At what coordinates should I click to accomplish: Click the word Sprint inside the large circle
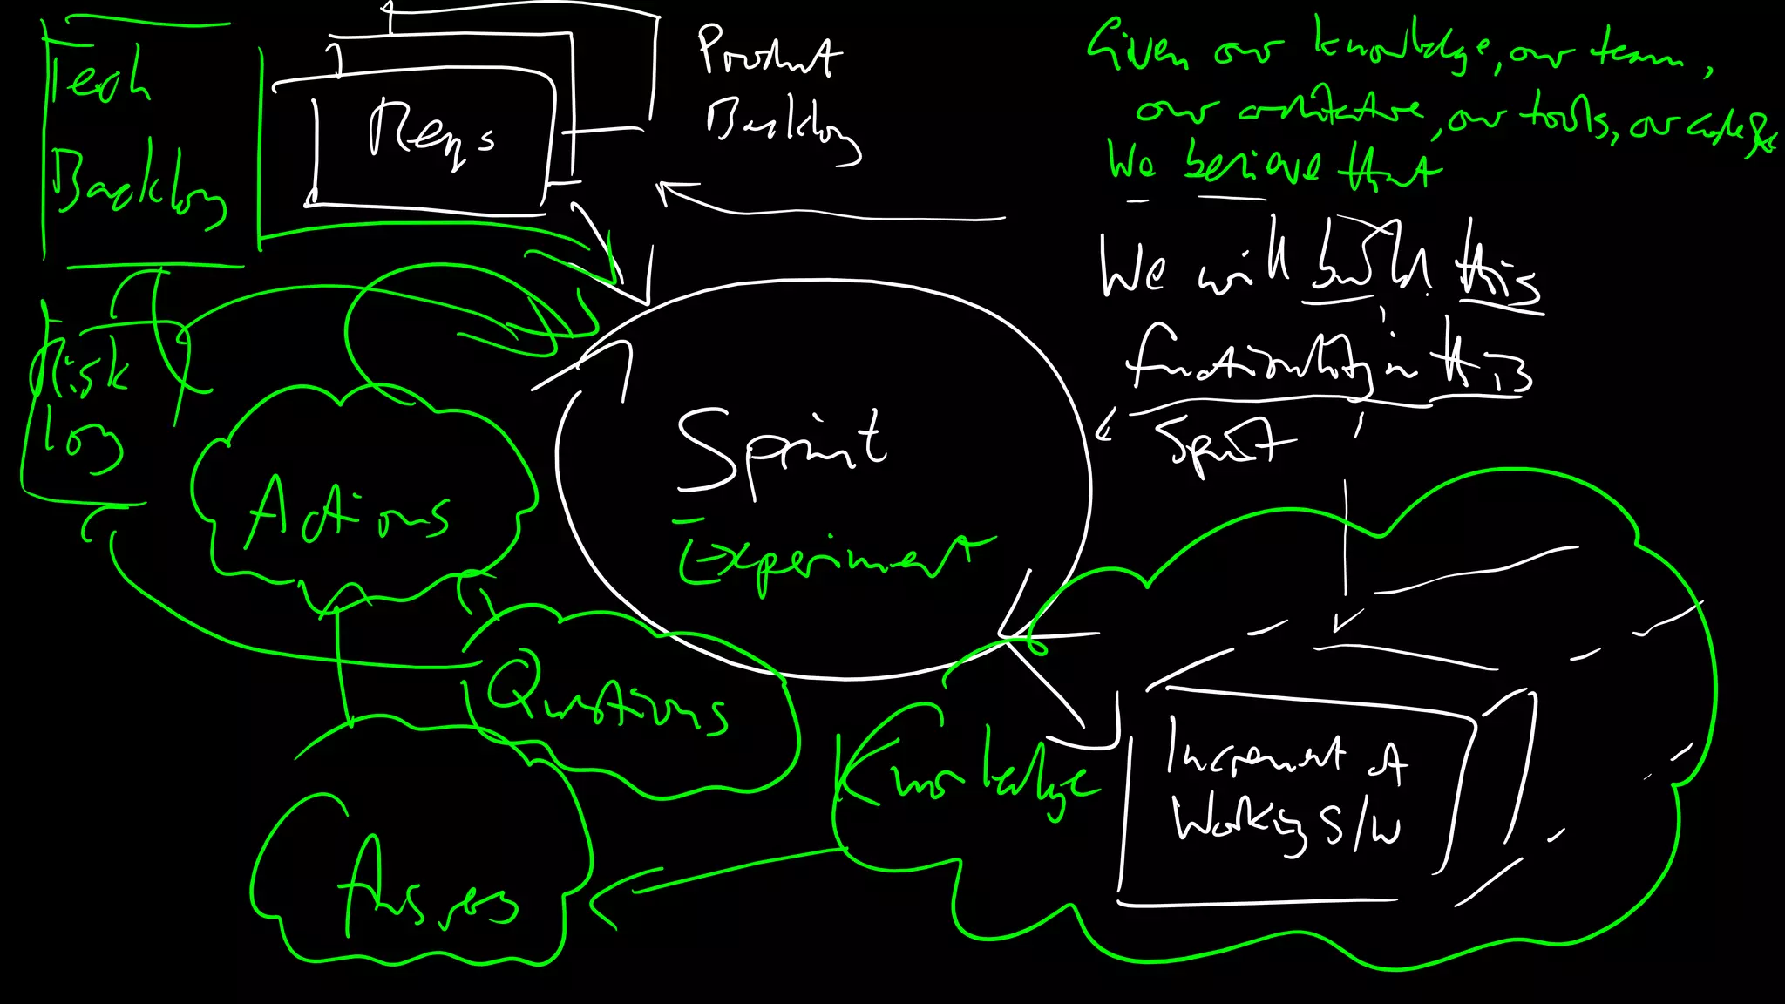780,449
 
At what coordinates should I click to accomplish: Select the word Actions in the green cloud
349,514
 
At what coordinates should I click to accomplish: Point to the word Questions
606,697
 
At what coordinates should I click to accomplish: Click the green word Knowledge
963,771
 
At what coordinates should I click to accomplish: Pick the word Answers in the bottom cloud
427,893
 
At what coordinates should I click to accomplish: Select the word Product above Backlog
769,52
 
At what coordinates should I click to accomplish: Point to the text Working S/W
1286,824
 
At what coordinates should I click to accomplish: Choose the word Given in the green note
1137,48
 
